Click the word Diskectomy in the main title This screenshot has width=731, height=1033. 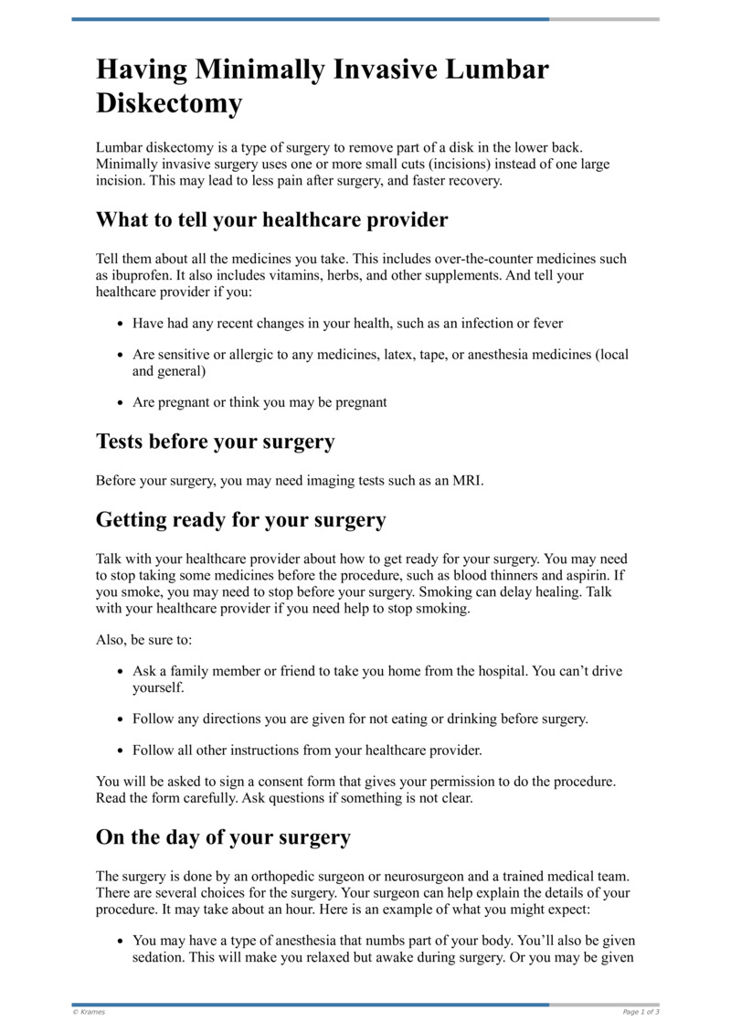coord(169,103)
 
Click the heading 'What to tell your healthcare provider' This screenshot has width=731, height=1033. coord(271,220)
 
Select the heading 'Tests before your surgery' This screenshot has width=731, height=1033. coord(215,442)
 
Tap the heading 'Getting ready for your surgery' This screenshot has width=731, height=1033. coord(240,520)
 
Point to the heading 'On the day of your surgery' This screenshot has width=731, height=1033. coord(223,837)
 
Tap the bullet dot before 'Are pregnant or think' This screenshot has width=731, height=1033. coord(122,402)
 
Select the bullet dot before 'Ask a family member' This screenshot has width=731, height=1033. coord(122,672)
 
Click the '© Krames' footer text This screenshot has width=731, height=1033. coord(89,1012)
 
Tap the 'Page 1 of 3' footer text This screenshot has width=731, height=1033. coord(641,1012)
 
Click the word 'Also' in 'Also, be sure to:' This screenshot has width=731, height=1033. coord(111,640)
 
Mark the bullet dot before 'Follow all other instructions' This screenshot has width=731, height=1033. coord(122,751)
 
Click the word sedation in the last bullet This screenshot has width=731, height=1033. coord(160,959)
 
